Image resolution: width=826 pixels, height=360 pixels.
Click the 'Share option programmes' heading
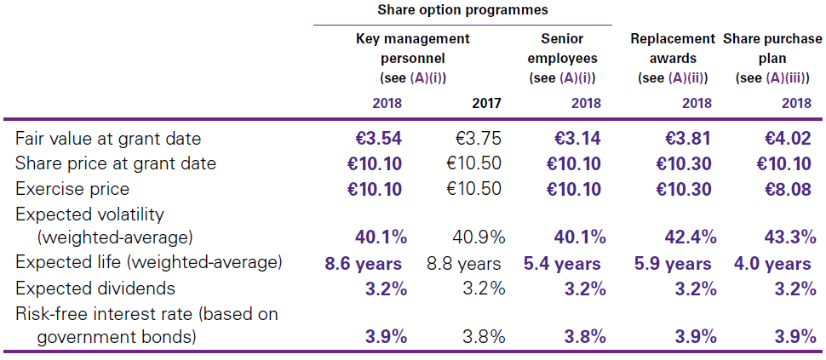pyautogui.click(x=463, y=10)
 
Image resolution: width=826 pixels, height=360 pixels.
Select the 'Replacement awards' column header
pyautogui.click(x=673, y=49)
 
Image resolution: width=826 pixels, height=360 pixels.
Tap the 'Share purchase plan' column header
pyautogui.click(x=772, y=49)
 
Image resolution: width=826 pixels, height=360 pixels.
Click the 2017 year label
pyautogui.click(x=486, y=104)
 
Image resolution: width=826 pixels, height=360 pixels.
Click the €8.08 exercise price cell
pyautogui.click(x=788, y=189)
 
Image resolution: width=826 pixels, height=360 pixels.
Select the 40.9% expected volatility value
pyautogui.click(x=478, y=236)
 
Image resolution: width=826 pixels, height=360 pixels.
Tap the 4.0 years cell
pyautogui.click(x=772, y=264)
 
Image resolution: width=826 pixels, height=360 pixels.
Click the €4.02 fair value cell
pyautogui.click(x=788, y=138)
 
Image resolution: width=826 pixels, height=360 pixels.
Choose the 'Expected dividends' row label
pyautogui.click(x=95, y=289)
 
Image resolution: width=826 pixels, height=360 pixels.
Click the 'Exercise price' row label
pyautogui.click(x=72, y=189)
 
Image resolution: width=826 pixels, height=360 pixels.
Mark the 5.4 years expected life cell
pyautogui.click(x=561, y=264)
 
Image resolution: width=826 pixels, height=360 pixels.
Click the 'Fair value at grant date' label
pyautogui.click(x=108, y=138)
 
